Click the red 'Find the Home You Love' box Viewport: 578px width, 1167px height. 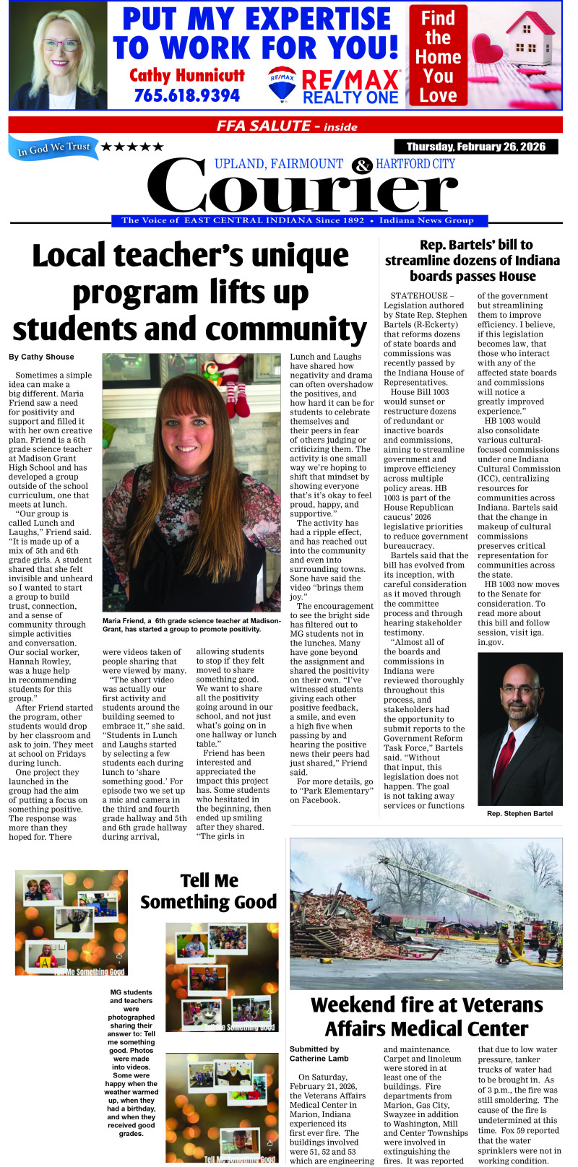pyautogui.click(x=438, y=56)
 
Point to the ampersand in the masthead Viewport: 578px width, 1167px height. pyautogui.click(x=361, y=166)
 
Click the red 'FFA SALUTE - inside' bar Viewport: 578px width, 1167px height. pyautogui.click(x=286, y=126)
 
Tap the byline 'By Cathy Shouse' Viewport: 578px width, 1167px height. pyautogui.click(x=40, y=357)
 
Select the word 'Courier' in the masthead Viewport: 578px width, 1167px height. pyautogui.click(x=307, y=189)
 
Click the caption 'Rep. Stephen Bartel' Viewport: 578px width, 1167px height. pyautogui.click(x=519, y=813)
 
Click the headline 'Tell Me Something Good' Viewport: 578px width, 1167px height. pyautogui.click(x=209, y=891)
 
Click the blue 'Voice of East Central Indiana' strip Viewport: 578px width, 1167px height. pyautogui.click(x=297, y=221)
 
